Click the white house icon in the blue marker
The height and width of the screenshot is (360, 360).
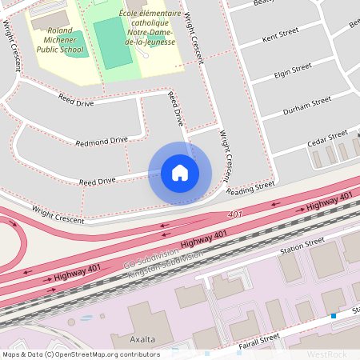coord(180,172)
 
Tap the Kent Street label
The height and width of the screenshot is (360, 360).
coord(279,37)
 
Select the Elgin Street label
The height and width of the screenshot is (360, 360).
coord(292,70)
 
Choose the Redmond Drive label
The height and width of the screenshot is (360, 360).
coord(102,142)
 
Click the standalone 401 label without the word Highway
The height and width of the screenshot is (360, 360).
coord(234,215)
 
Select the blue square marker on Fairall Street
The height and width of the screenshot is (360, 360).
coord(334,316)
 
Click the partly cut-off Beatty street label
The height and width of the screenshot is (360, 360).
coord(263,3)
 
